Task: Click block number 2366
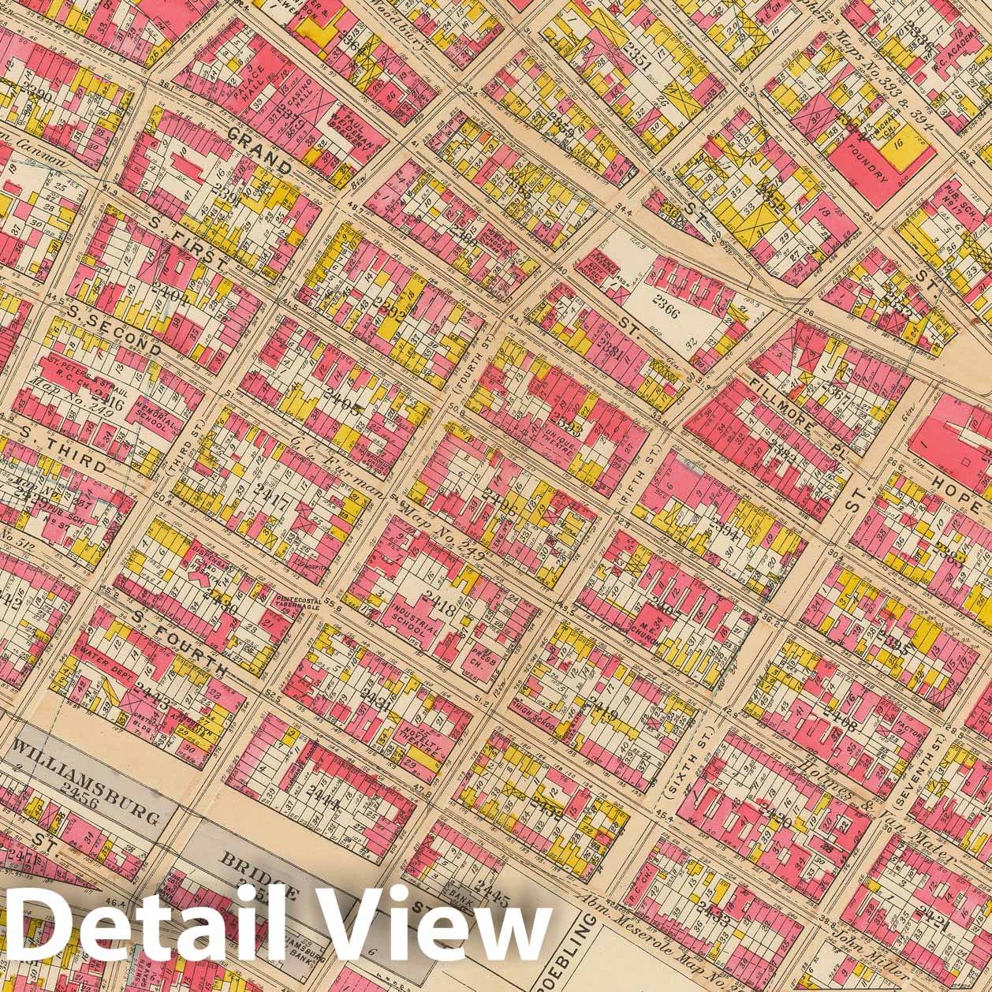point(668,300)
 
